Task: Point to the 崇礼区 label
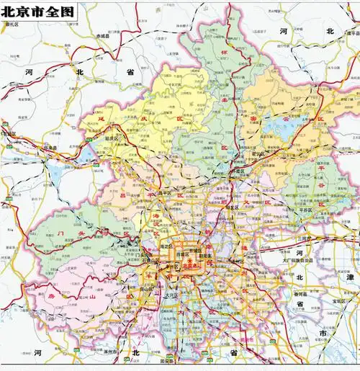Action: tap(12, 24)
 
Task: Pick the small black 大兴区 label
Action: tap(171, 295)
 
